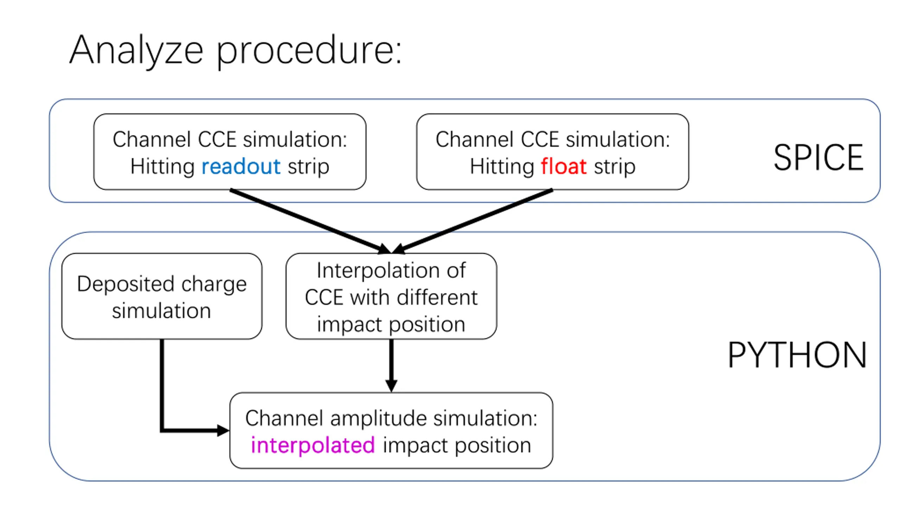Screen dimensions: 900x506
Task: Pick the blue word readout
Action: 241,166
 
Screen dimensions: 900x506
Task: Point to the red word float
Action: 564,166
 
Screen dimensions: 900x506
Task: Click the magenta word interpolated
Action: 313,445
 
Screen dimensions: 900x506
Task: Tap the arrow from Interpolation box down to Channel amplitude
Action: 391,365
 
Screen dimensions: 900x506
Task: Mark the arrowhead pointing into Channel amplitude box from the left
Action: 223,430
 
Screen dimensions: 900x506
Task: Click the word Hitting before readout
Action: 162,166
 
